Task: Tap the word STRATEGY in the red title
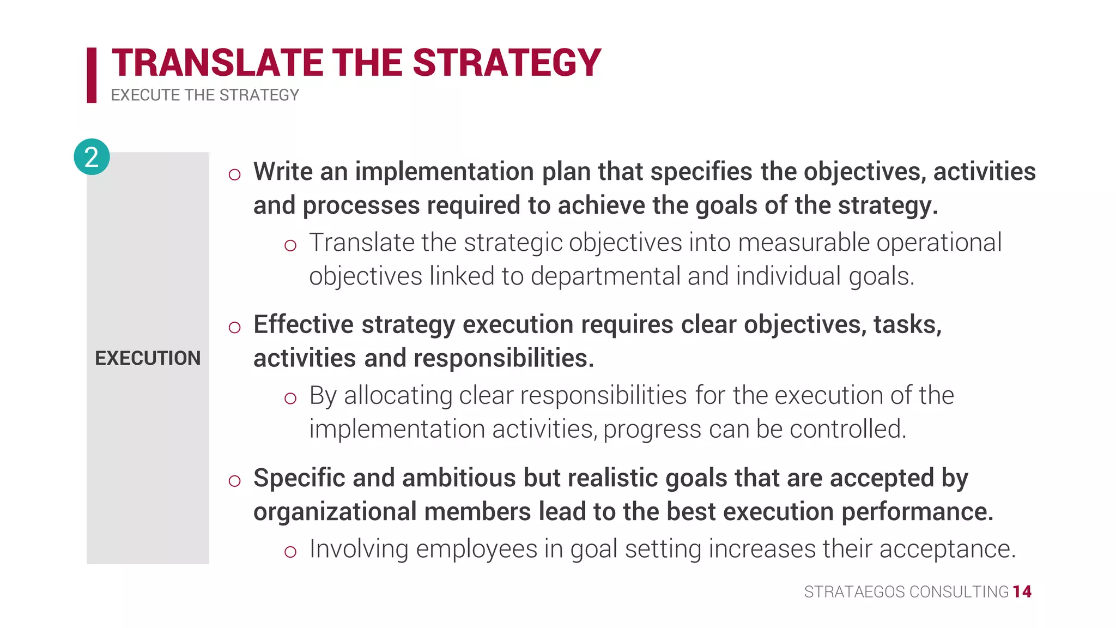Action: click(x=507, y=63)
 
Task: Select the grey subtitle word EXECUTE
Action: click(x=145, y=95)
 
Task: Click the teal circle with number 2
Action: click(x=92, y=157)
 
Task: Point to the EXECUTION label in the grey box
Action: click(x=148, y=358)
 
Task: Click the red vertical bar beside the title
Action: click(x=92, y=75)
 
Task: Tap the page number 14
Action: click(x=1022, y=592)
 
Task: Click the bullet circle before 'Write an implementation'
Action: click(x=235, y=174)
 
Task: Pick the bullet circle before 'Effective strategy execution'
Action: click(x=235, y=328)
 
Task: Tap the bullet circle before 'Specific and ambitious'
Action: click(x=235, y=481)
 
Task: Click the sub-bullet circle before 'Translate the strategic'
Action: click(x=290, y=245)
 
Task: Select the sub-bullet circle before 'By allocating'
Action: click(x=290, y=398)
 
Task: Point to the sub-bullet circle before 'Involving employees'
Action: click(x=290, y=552)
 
